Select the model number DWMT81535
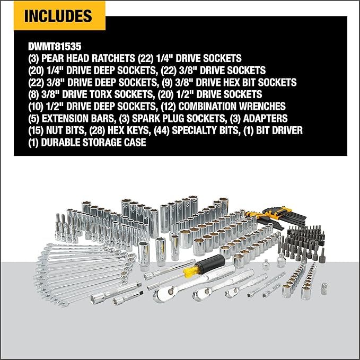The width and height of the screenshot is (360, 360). click(56, 46)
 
